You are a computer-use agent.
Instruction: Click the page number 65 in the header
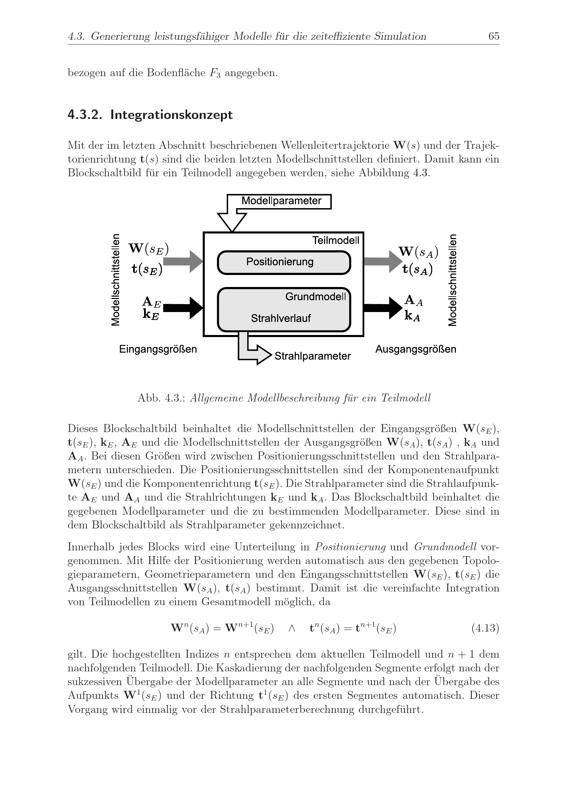tap(494, 36)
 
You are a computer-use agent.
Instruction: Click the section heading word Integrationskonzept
tap(171, 115)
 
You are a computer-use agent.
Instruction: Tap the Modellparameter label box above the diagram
tap(281, 201)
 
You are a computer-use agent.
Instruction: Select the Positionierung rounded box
tap(284, 262)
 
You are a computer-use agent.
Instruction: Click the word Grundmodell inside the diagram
tap(316, 297)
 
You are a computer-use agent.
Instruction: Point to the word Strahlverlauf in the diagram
tap(281, 318)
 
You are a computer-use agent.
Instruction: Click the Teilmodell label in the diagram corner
tap(335, 240)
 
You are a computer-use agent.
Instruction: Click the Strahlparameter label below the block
tap(312, 356)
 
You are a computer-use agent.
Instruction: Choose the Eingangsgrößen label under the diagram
tap(158, 349)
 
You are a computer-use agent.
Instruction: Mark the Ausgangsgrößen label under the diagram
tap(415, 349)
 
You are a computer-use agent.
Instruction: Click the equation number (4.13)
tap(485, 628)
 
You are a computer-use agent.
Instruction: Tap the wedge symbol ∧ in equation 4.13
tap(292, 628)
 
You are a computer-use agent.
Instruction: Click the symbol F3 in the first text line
tap(215, 73)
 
